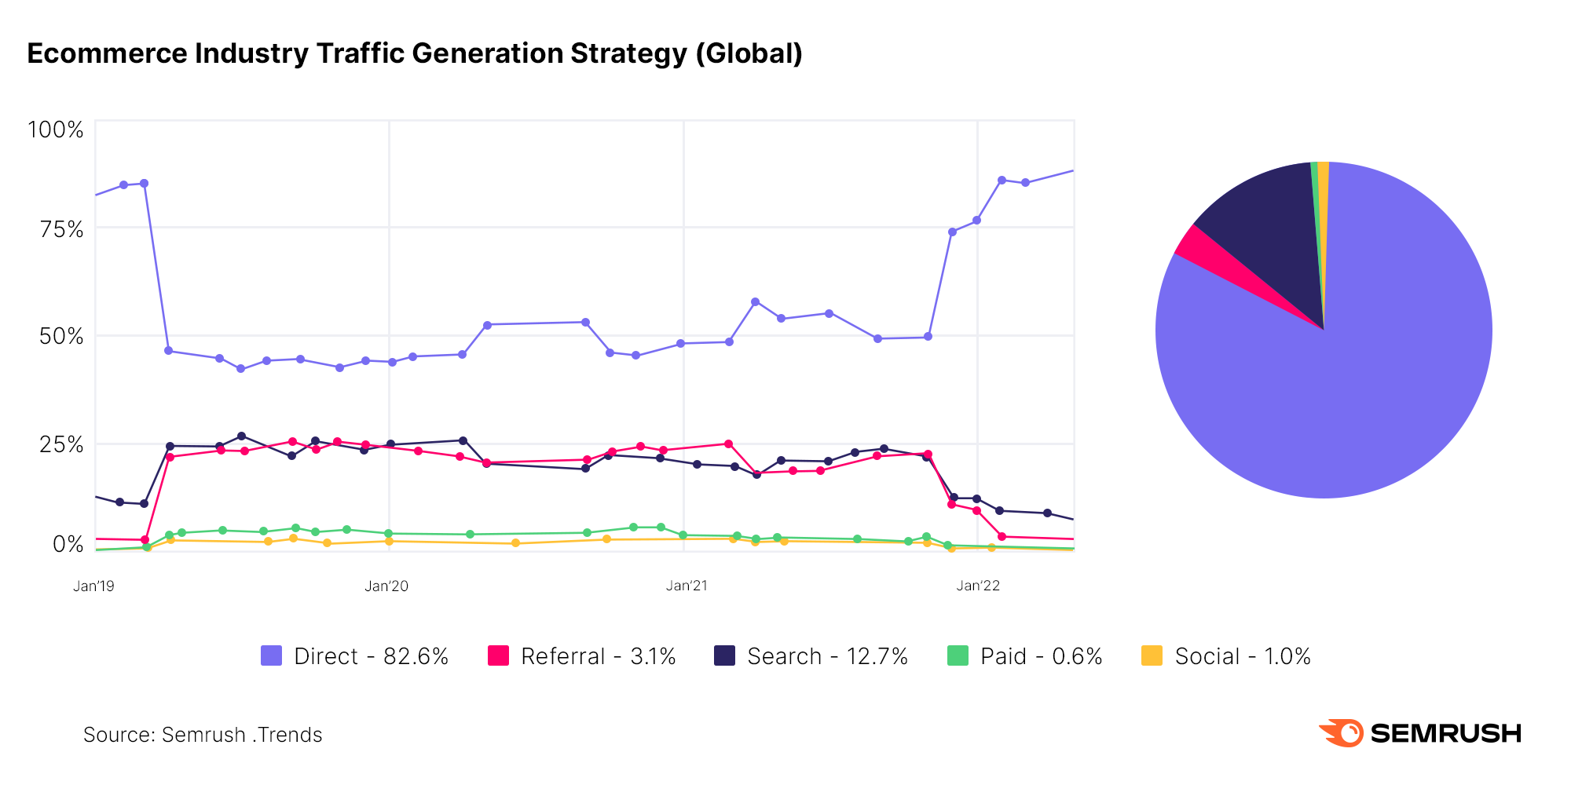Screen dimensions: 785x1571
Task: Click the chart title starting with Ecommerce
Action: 415,53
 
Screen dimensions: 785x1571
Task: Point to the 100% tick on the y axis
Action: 55,130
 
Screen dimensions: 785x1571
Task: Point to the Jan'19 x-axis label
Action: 93,586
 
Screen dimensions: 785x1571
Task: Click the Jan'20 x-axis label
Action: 386,586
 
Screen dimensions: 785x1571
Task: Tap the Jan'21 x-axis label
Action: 687,586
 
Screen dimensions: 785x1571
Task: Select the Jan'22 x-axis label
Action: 978,586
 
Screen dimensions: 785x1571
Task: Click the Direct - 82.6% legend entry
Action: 355,656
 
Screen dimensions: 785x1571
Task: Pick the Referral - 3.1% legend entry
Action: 582,656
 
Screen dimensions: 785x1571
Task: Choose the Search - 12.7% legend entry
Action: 811,656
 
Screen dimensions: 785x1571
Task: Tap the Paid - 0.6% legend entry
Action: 1025,656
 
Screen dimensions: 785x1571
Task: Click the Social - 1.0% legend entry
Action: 1226,656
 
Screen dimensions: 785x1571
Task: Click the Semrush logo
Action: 1419,733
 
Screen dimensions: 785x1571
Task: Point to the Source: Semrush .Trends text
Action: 203,735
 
